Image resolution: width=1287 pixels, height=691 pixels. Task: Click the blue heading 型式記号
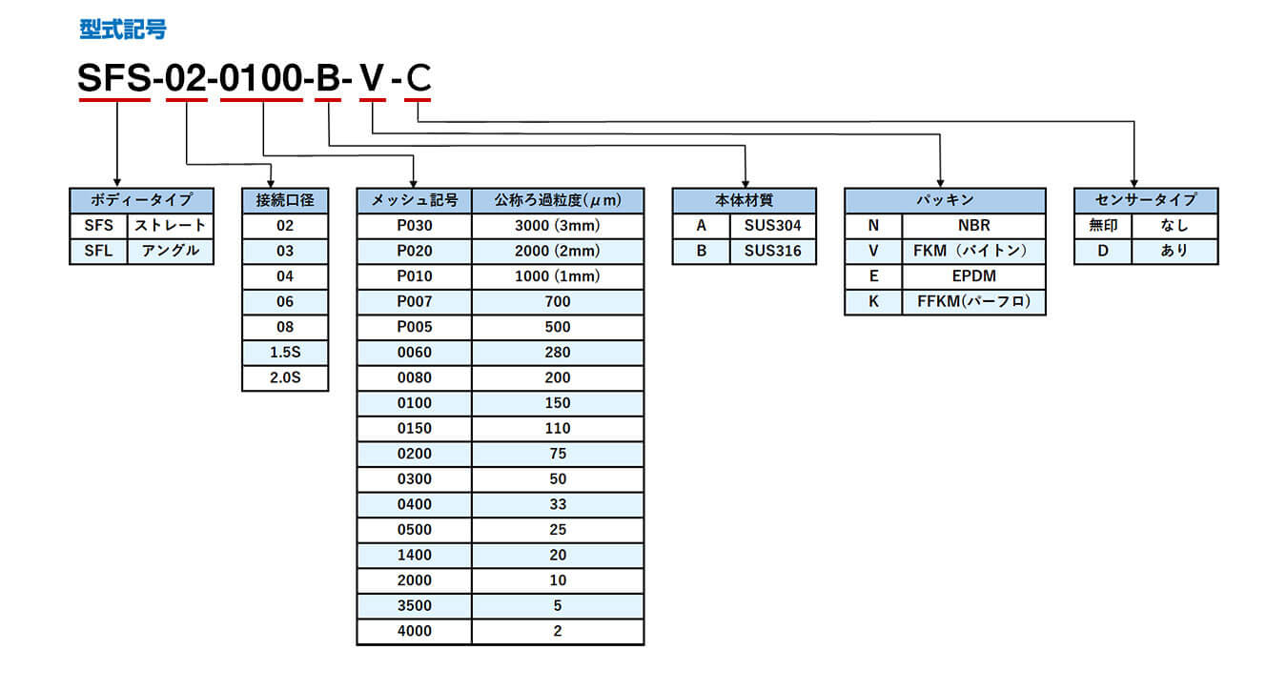pyautogui.click(x=123, y=30)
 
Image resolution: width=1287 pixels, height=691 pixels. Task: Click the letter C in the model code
pyautogui.click(x=419, y=78)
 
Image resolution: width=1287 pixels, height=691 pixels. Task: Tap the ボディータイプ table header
pyautogui.click(x=141, y=200)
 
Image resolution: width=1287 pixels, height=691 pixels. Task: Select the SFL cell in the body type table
pyautogui.click(x=98, y=251)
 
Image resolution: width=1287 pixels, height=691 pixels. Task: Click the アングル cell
pyautogui.click(x=170, y=251)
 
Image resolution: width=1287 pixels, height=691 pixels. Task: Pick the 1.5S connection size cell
pyautogui.click(x=285, y=352)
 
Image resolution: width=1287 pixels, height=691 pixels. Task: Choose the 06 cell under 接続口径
pyautogui.click(x=285, y=301)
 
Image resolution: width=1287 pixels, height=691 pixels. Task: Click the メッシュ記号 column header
pyautogui.click(x=415, y=200)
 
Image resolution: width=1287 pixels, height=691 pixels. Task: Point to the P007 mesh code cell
pyautogui.click(x=415, y=301)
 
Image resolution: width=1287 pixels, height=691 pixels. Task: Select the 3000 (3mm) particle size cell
pyautogui.click(x=558, y=226)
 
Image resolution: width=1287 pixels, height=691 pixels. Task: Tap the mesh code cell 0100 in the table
pyautogui.click(x=415, y=402)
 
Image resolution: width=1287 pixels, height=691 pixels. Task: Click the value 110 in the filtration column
pyautogui.click(x=558, y=428)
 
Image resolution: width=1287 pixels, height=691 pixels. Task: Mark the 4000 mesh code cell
pyautogui.click(x=415, y=631)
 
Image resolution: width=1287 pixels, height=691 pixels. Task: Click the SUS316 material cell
pyautogui.click(x=773, y=251)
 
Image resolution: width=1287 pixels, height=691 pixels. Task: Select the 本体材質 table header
pyautogui.click(x=744, y=200)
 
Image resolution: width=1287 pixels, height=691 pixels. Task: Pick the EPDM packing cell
pyautogui.click(x=974, y=276)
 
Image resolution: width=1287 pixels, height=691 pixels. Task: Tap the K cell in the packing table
pyautogui.click(x=873, y=301)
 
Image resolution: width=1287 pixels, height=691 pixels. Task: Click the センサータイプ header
pyautogui.click(x=1146, y=200)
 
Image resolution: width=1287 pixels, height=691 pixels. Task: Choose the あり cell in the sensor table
pyautogui.click(x=1175, y=251)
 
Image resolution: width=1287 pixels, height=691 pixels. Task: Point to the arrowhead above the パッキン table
pyautogui.click(x=941, y=183)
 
